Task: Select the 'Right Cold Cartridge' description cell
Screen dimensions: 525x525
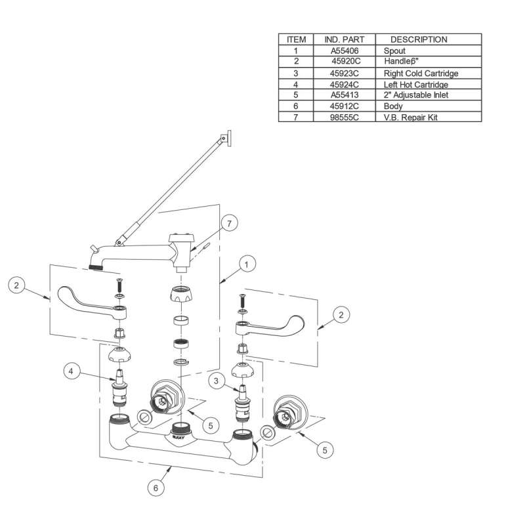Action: click(421, 73)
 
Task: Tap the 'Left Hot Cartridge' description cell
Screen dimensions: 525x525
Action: click(415, 85)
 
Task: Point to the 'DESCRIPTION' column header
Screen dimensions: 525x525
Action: click(418, 39)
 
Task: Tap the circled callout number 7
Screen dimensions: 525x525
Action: click(228, 224)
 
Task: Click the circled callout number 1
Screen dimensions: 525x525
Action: click(246, 265)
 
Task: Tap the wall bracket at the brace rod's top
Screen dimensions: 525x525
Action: click(226, 138)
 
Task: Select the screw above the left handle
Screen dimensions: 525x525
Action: click(119, 286)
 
